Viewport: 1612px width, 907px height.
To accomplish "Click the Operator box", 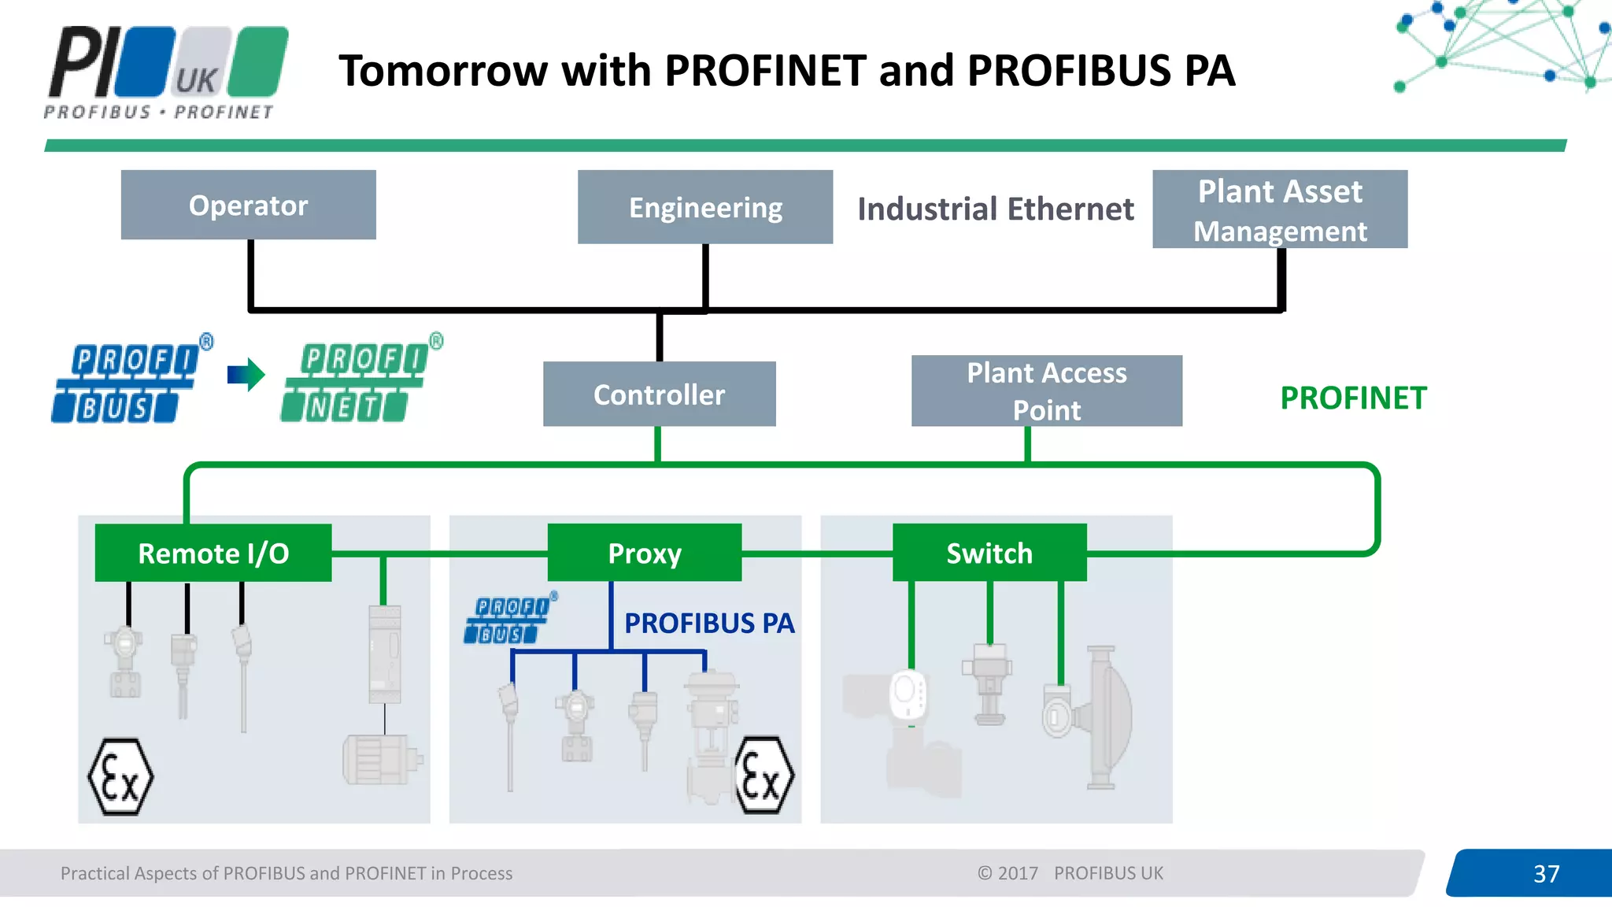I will (x=248, y=205).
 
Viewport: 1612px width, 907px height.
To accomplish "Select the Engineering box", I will (x=705, y=207).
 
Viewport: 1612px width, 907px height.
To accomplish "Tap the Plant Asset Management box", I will (x=1280, y=209).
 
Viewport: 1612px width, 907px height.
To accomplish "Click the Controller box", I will (x=659, y=394).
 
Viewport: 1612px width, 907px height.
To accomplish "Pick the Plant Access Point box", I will (x=1046, y=391).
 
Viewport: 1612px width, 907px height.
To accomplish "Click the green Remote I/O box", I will (x=213, y=553).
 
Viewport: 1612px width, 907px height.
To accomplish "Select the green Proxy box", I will (x=645, y=553).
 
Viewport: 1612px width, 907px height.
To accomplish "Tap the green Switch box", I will (x=989, y=553).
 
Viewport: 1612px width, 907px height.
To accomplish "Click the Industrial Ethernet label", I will (x=995, y=209).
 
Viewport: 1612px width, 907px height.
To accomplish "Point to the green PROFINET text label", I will (x=1353, y=398).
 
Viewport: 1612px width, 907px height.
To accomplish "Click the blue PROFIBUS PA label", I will (x=709, y=623).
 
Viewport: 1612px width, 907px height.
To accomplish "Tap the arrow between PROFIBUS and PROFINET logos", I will (x=246, y=375).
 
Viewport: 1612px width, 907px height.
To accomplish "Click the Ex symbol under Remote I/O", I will (x=120, y=776).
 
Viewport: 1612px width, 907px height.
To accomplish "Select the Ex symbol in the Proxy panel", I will (x=763, y=776).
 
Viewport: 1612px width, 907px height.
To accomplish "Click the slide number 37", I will (x=1546, y=873).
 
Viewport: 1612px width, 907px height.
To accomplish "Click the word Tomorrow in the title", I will (x=443, y=71).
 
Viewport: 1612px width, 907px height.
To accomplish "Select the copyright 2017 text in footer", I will (x=1007, y=873).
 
